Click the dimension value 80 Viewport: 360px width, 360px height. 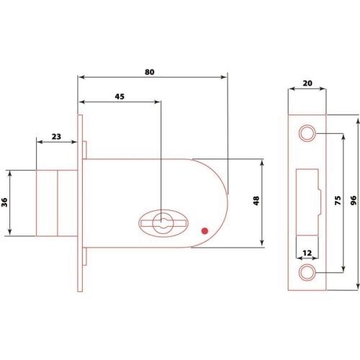pyautogui.click(x=149, y=72)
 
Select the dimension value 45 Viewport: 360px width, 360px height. pyautogui.click(x=120, y=96)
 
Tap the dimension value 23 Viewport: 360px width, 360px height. pyautogui.click(x=56, y=137)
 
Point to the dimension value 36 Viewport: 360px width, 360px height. pyautogui.click(x=4, y=202)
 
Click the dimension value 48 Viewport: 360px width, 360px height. pyautogui.click(x=256, y=201)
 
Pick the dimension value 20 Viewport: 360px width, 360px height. pyautogui.click(x=307, y=84)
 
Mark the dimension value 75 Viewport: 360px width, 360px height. pyautogui.click(x=338, y=200)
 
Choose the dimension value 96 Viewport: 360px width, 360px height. pyautogui.click(x=354, y=200)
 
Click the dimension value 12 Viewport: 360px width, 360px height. pyautogui.click(x=307, y=253)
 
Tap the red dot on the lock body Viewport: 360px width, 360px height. pyautogui.click(x=204, y=231)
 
